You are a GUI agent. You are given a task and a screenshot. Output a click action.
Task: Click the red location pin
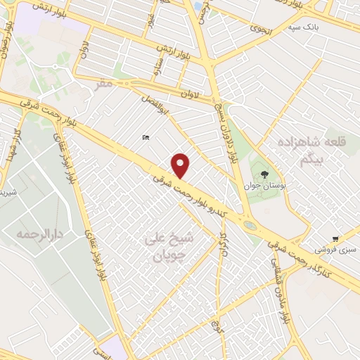pos(181,166)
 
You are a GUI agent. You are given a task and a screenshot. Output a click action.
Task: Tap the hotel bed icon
pos(145,137)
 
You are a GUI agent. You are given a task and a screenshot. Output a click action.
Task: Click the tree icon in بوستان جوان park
pos(264,173)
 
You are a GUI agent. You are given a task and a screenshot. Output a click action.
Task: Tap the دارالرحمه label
pos(37,233)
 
